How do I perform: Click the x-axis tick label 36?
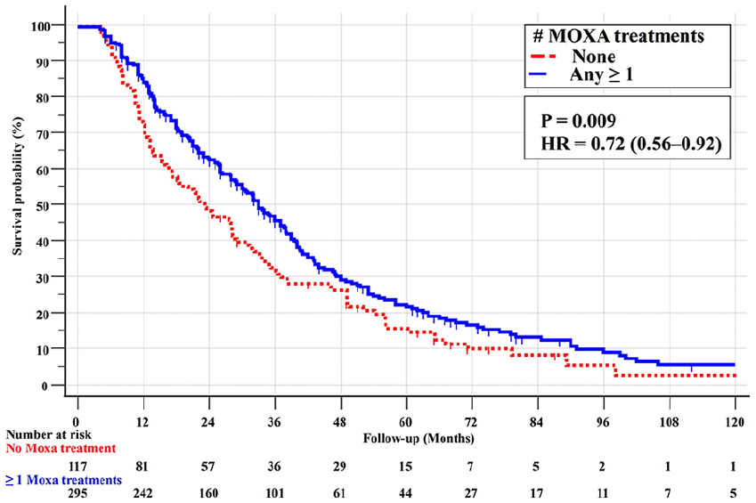click(x=274, y=423)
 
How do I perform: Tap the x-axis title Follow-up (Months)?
click(x=419, y=438)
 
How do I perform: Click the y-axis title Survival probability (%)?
click(x=17, y=186)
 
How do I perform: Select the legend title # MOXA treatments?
click(x=618, y=37)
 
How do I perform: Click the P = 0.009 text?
click(x=579, y=120)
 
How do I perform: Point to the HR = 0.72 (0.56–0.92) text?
click(x=631, y=143)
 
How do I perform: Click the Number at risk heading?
click(x=48, y=434)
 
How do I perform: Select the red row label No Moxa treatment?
click(x=61, y=449)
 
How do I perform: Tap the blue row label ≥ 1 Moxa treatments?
click(x=63, y=481)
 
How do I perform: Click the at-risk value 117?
click(x=77, y=466)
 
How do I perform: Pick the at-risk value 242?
click(x=142, y=493)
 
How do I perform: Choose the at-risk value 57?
click(x=207, y=466)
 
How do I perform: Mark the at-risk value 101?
click(x=274, y=493)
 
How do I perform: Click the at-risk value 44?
click(x=405, y=493)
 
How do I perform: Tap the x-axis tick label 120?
click(x=735, y=423)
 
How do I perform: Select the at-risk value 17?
click(x=536, y=493)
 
